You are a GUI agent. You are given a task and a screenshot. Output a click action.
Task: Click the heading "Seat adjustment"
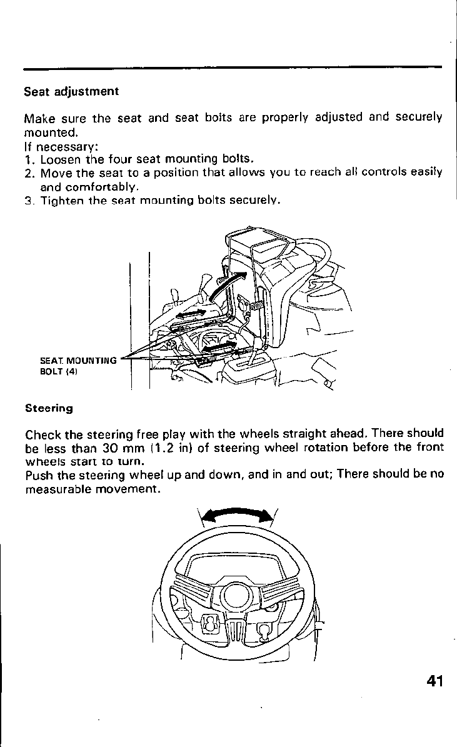tap(71, 91)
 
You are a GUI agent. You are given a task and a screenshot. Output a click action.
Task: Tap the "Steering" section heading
tap(49, 408)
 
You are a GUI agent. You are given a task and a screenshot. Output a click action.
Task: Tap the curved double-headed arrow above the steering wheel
tap(234, 513)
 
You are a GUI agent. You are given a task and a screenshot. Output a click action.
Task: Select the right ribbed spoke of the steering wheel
tap(276, 592)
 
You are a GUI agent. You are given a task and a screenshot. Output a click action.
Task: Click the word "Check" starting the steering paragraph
tap(43, 433)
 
